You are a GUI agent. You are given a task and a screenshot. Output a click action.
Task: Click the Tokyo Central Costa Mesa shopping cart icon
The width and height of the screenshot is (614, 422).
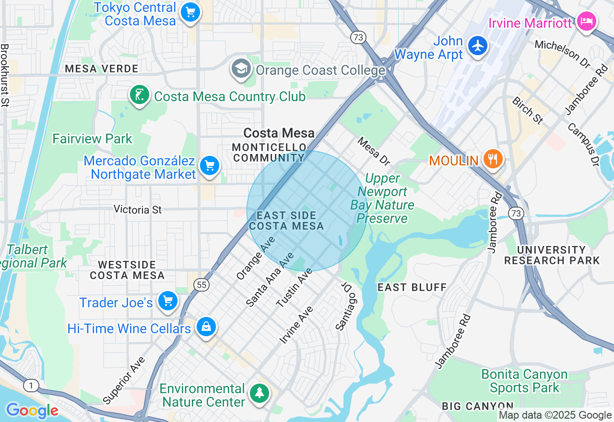(190, 12)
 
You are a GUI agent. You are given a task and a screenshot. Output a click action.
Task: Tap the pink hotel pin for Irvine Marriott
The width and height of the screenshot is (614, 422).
(587, 22)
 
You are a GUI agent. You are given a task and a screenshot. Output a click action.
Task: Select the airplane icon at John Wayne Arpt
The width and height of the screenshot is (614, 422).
(477, 47)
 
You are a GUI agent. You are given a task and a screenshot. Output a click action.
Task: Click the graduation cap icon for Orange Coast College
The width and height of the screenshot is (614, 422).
(241, 70)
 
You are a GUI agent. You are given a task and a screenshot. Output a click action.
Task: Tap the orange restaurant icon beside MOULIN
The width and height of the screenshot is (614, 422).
(492, 158)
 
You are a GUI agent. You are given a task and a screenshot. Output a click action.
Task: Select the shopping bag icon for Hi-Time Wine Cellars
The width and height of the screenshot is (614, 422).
(206, 328)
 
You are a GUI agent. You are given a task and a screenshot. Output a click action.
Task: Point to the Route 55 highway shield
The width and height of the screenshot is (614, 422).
(202, 285)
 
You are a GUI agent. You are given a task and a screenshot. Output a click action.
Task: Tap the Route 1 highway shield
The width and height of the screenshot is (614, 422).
(30, 385)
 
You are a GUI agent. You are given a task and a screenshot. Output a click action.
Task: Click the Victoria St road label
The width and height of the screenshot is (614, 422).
(138, 209)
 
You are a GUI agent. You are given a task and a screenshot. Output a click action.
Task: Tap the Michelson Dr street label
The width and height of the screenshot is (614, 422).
(562, 53)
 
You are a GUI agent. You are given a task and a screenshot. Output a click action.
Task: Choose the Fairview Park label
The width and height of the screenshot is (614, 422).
(92, 139)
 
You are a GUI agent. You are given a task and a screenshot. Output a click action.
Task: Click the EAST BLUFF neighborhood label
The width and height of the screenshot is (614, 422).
(412, 287)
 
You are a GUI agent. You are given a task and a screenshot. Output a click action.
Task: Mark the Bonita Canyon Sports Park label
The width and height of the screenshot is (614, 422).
(524, 381)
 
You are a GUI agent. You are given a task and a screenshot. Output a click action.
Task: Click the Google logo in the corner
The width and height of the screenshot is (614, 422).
(32, 410)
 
